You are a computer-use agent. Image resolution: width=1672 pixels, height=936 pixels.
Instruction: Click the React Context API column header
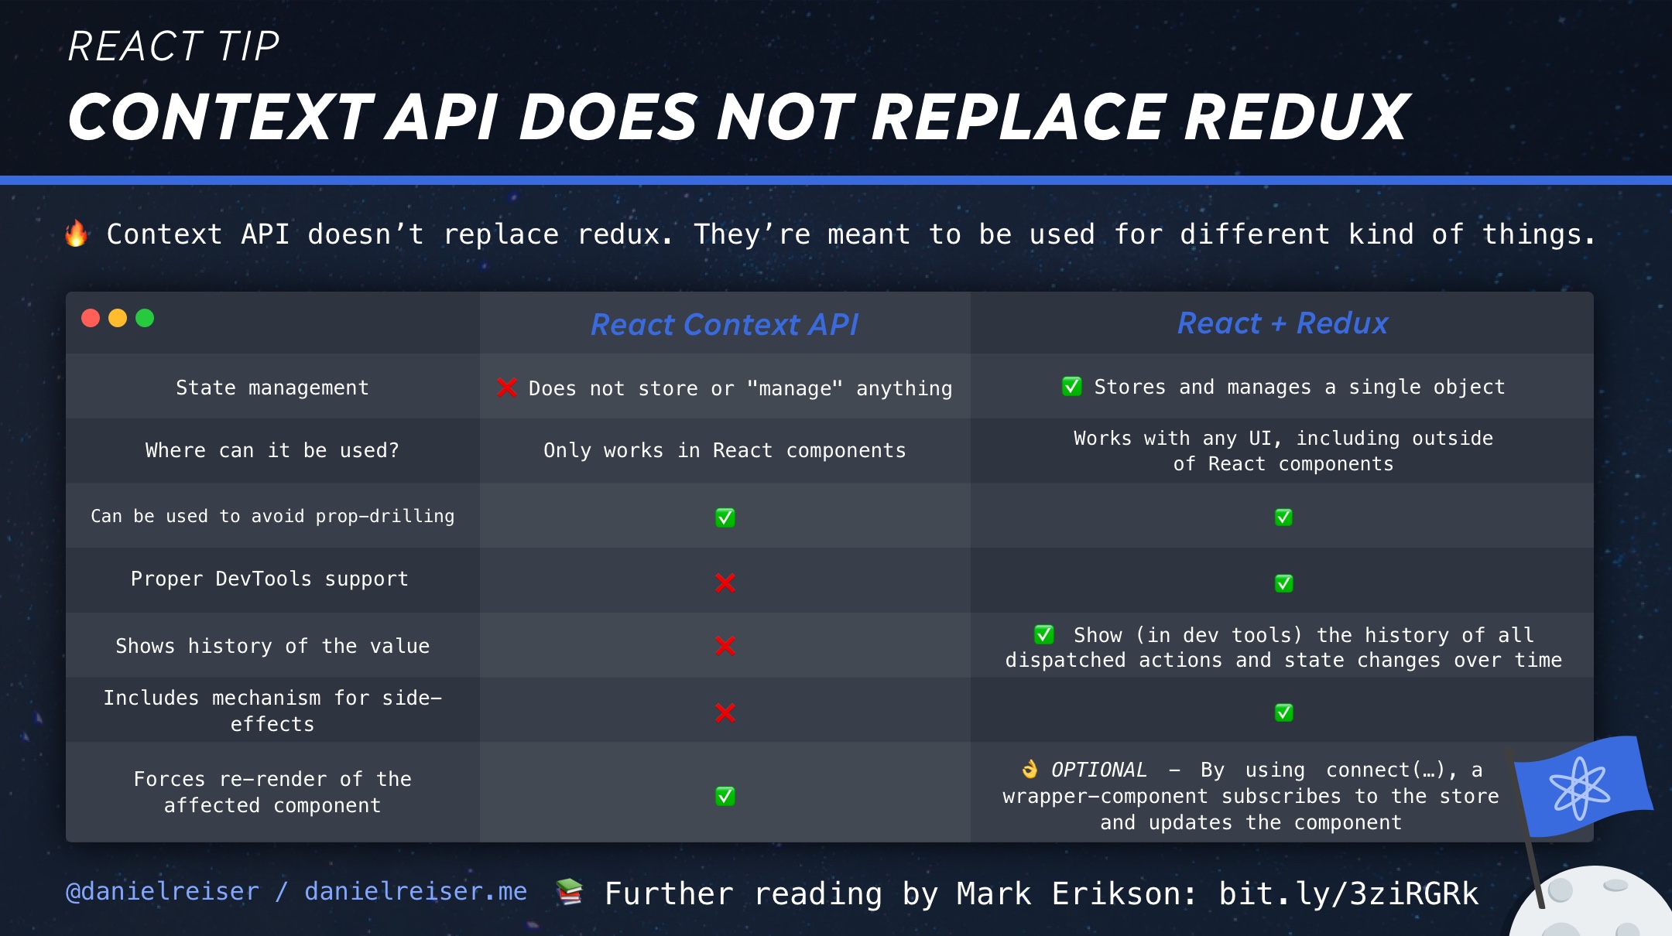pyautogui.click(x=725, y=325)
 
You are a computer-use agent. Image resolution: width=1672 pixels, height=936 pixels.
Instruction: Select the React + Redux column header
pyautogui.click(x=1283, y=323)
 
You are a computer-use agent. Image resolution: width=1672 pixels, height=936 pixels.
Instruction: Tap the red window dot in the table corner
pyautogui.click(x=91, y=318)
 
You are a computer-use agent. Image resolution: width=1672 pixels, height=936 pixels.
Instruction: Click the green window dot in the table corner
pyautogui.click(x=145, y=318)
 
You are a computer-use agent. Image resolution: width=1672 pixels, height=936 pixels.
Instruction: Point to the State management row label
pyautogui.click(x=272, y=388)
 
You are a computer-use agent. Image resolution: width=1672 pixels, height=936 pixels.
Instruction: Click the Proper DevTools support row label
pyautogui.click(x=269, y=579)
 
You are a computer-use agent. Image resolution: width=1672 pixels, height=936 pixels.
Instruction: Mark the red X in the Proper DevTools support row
pyautogui.click(x=725, y=582)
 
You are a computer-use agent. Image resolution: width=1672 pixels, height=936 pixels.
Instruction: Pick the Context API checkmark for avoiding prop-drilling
pyautogui.click(x=725, y=517)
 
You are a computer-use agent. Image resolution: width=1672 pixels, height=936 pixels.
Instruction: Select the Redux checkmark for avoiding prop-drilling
pyautogui.click(x=1283, y=517)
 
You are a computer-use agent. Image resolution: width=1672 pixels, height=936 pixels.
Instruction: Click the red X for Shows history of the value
pyautogui.click(x=725, y=645)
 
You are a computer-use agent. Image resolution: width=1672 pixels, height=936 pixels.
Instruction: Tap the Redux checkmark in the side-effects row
pyautogui.click(x=1283, y=712)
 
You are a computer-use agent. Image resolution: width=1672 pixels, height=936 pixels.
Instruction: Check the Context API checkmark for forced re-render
pyautogui.click(x=725, y=795)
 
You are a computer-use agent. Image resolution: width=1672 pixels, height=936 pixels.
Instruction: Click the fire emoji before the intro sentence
pyautogui.click(x=76, y=234)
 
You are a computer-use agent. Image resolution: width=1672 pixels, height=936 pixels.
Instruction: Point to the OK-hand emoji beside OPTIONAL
pyautogui.click(x=1030, y=769)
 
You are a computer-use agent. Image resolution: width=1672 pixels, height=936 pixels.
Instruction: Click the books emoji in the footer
pyautogui.click(x=569, y=892)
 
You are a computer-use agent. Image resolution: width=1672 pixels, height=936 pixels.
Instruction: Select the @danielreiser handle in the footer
pyautogui.click(x=163, y=892)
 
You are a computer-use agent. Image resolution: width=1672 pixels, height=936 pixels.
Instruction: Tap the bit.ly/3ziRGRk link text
pyautogui.click(x=1348, y=893)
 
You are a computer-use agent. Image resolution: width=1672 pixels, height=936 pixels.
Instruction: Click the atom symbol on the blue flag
pyautogui.click(x=1579, y=787)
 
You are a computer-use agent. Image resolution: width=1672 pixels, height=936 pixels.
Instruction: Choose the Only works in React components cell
pyautogui.click(x=725, y=450)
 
